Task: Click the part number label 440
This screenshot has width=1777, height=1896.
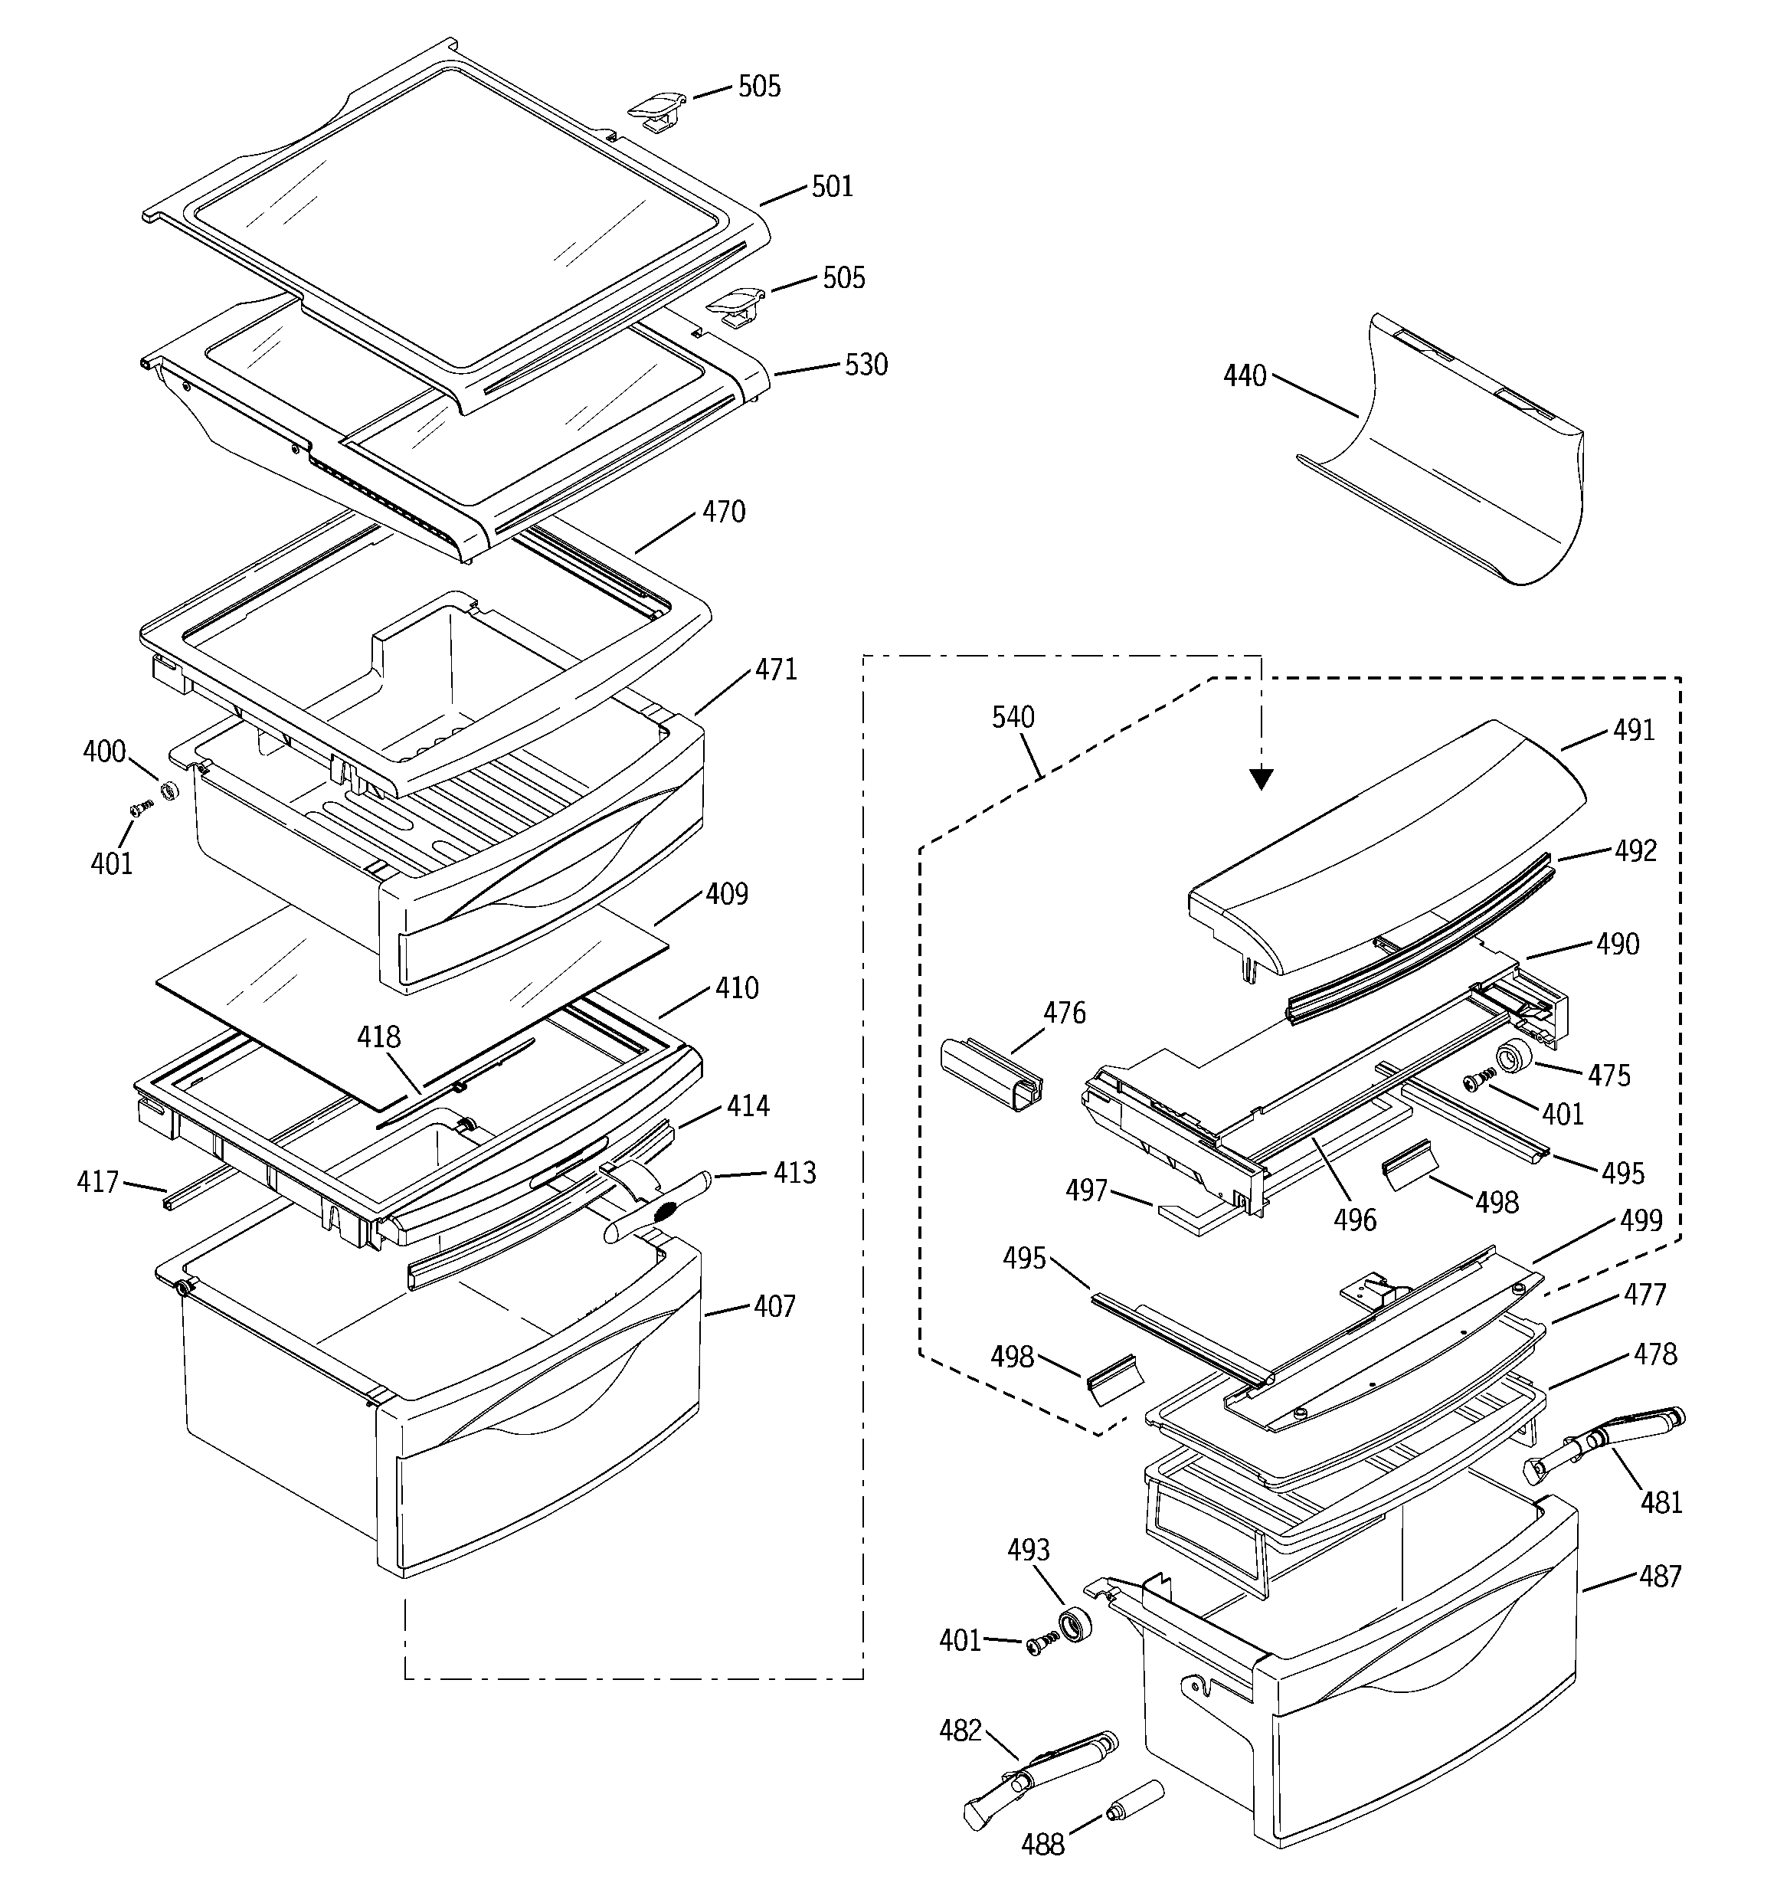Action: click(1245, 377)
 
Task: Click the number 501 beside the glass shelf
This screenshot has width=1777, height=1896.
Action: click(832, 186)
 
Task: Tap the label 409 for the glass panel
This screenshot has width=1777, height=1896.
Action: click(727, 895)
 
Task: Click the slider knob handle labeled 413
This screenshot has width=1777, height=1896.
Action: click(653, 1208)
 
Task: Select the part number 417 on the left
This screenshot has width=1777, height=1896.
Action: click(97, 1183)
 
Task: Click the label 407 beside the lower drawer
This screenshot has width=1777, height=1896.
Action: click(774, 1307)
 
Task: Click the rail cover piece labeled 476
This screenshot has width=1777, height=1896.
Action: click(991, 1075)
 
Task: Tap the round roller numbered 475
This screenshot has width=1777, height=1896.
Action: click(1513, 1058)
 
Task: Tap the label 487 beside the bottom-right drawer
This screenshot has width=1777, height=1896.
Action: click(1660, 1577)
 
